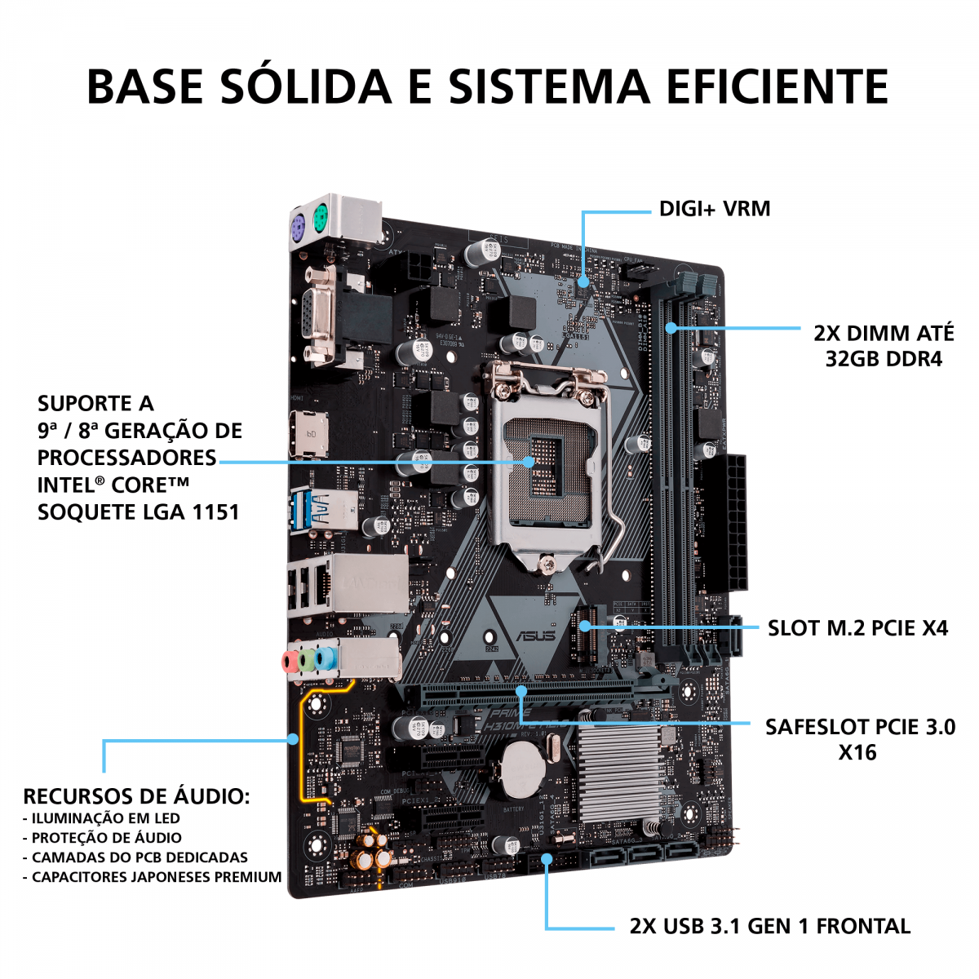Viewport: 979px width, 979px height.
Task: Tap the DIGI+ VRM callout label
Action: coord(714,209)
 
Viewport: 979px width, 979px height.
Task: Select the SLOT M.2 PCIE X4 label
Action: coord(857,628)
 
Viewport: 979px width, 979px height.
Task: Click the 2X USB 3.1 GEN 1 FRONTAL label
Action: coord(769,926)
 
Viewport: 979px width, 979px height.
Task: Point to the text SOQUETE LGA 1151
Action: coord(139,512)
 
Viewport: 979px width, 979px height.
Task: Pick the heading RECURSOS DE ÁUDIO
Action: coord(136,796)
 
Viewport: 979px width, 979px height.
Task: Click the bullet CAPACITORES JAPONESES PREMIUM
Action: coord(156,877)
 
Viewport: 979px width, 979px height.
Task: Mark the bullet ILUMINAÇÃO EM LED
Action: coord(105,818)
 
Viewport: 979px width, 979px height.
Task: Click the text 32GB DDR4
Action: coord(884,359)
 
